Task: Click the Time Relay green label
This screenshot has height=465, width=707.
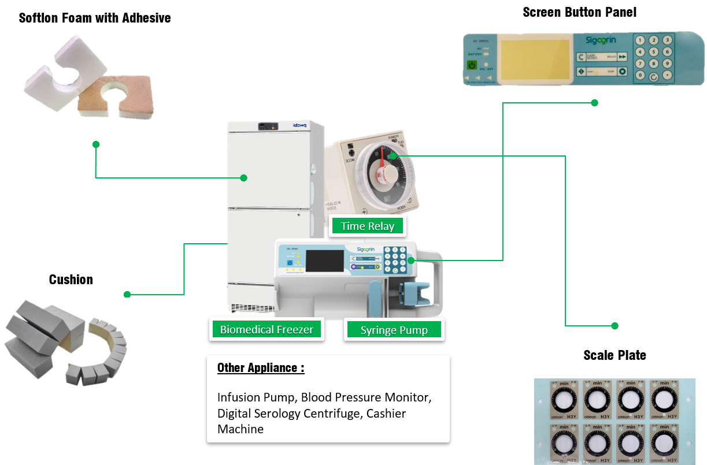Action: pos(368,226)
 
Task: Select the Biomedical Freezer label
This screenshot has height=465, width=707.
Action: pos(266,330)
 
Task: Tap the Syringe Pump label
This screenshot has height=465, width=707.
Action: pos(394,330)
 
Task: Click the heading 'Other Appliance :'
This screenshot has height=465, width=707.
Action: pos(261,368)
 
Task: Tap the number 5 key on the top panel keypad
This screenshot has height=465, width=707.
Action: pos(654,52)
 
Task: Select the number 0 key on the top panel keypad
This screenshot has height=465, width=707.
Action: pos(640,75)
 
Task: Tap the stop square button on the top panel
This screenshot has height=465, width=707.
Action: pos(622,72)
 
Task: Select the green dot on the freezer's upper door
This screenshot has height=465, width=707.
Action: pos(243,178)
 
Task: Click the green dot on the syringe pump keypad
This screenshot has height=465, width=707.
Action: pos(411,261)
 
